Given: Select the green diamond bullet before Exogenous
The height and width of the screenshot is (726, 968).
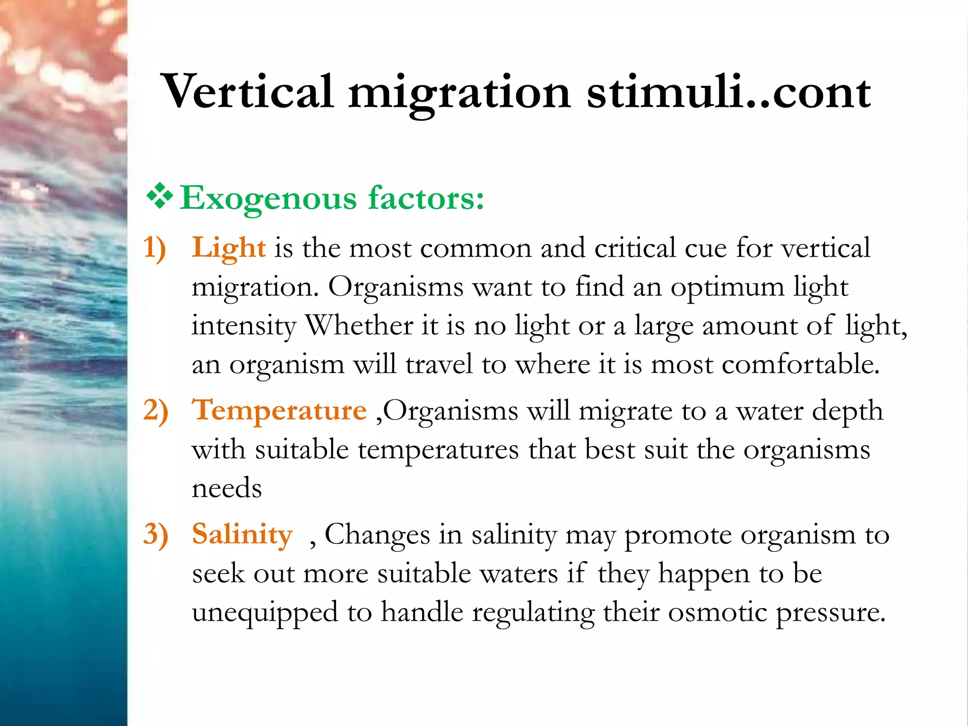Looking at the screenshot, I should (160, 197).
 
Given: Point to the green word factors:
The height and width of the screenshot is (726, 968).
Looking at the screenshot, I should (426, 198).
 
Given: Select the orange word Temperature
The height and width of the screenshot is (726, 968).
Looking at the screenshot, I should (279, 410).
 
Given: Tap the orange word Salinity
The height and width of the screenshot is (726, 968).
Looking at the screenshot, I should (242, 535).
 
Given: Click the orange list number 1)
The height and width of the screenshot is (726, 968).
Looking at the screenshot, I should (155, 248).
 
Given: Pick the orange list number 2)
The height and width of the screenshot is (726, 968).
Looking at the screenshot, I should (156, 410).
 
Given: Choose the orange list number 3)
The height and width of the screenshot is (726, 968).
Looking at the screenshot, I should (156, 535).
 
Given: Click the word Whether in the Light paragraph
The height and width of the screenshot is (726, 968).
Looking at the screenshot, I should (359, 326).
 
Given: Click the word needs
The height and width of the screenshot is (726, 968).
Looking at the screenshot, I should (226, 488).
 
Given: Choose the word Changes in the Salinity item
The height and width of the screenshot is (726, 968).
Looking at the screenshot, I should (377, 535).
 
